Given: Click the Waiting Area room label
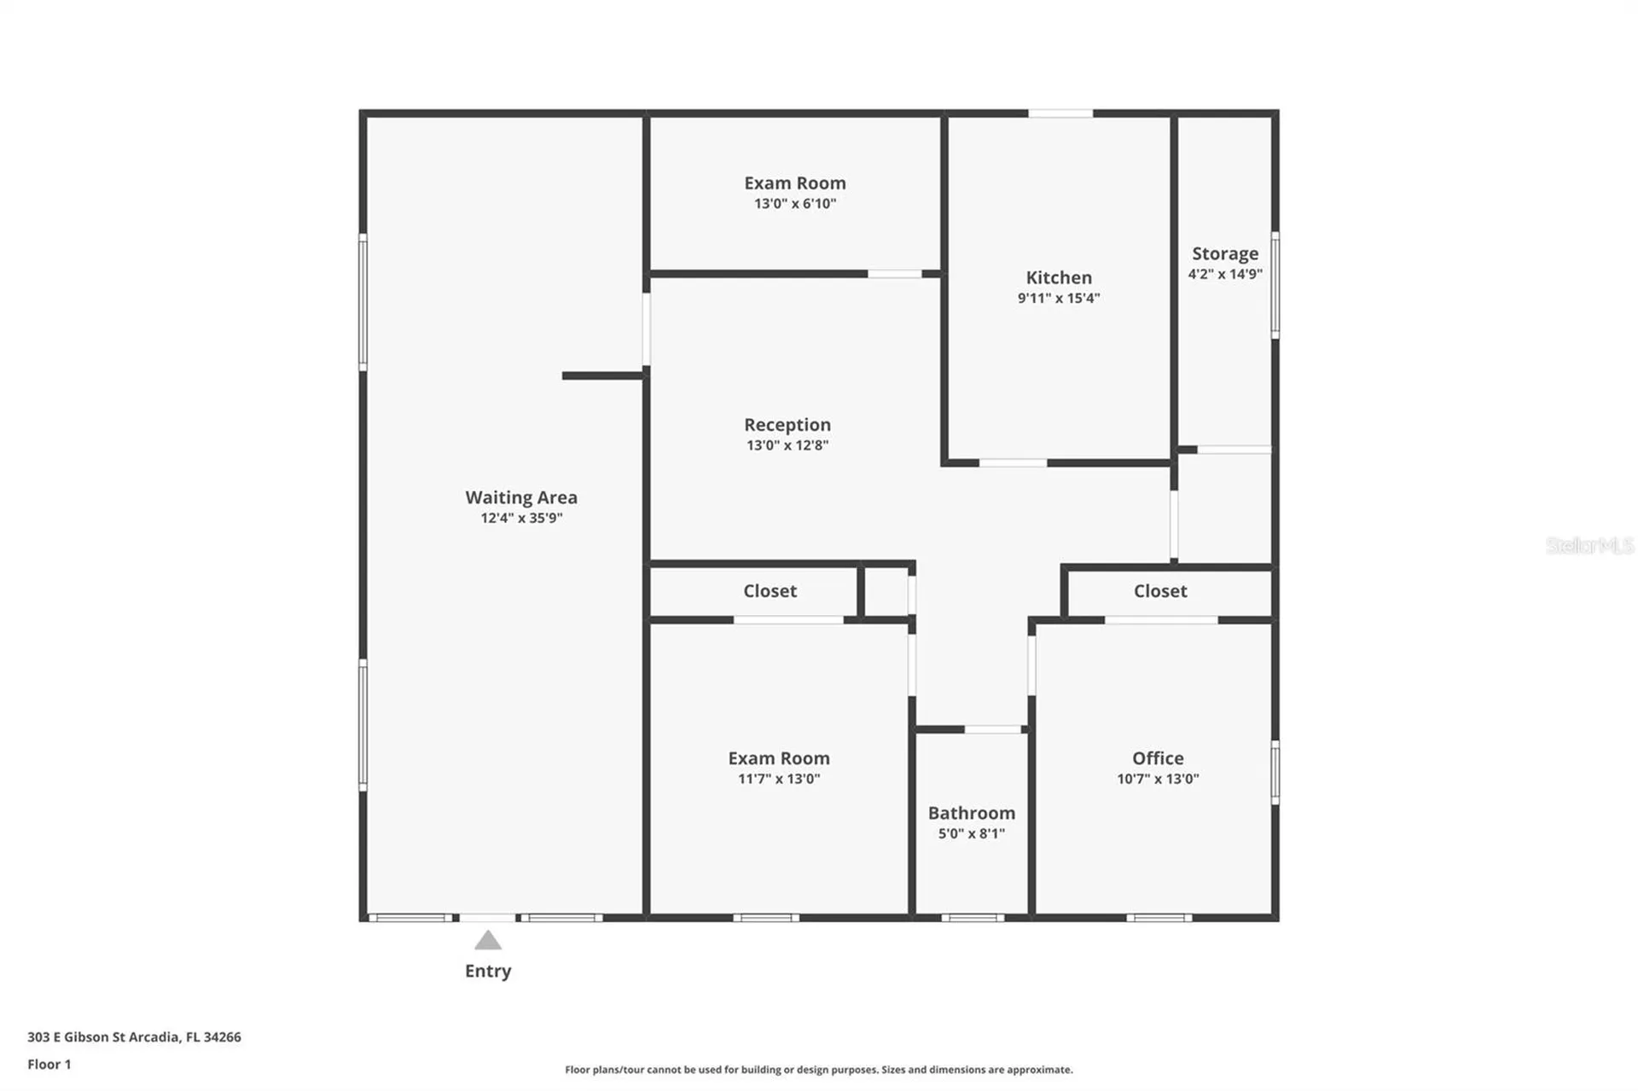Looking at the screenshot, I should pos(520,496).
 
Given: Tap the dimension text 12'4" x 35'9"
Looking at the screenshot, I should pos(520,518).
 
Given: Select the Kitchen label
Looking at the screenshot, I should pos(1058,277).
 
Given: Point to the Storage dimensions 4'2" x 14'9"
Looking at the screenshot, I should pos(1224,274).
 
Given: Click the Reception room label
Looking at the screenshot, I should pos(787,424).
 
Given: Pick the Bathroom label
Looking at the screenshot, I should pos(971,812).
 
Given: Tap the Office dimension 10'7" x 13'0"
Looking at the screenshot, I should pos(1157,778).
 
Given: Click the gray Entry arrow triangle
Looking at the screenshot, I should pos(487,941).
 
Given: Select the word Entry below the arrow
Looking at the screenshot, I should pos(487,970).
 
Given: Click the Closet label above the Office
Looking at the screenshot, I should pos(1159,590).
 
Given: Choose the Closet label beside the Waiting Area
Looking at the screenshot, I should pos(770,590).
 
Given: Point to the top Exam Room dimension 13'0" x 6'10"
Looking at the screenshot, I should pos(794,203).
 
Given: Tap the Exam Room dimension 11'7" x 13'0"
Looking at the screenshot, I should pos(778,778).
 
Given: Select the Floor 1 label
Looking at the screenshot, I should pos(49,1064).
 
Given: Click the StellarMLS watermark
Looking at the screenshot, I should pos(1589,545).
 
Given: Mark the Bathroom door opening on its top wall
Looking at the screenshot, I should pos(992,729).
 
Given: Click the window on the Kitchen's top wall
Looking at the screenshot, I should pos(1060,113).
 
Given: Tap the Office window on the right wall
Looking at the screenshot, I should pos(1275,772).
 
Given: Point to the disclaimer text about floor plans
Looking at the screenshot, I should pos(818,1069).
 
